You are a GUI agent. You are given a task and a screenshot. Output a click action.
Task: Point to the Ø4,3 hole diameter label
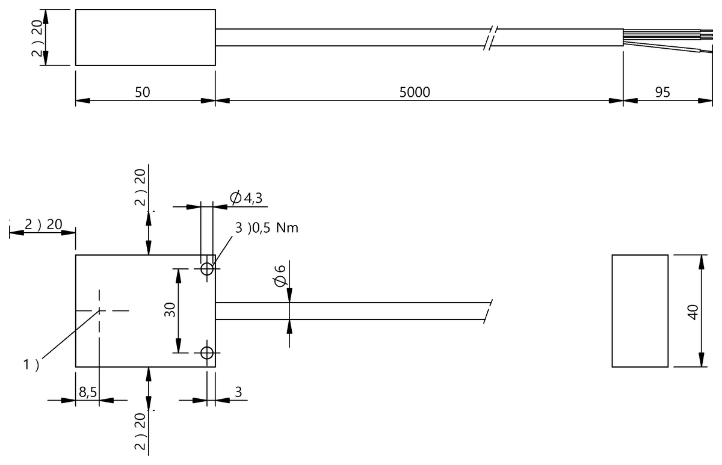click(x=247, y=197)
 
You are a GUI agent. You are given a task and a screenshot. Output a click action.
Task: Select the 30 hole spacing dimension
click(x=170, y=310)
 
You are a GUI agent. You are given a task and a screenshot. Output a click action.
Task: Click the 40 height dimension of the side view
click(x=693, y=312)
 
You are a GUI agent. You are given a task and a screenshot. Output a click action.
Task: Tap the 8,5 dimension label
click(x=87, y=392)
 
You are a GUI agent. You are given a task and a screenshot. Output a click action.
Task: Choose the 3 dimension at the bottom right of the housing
click(x=238, y=392)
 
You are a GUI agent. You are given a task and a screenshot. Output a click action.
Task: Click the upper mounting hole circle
click(x=207, y=268)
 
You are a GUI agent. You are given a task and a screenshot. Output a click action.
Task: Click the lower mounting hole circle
click(x=207, y=353)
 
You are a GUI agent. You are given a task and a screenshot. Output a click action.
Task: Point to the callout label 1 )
click(x=31, y=365)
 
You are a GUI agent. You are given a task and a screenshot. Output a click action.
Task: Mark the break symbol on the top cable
click(x=492, y=37)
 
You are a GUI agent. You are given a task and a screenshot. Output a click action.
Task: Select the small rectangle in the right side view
click(x=640, y=310)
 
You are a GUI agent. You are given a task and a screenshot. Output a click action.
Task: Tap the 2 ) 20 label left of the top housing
click(x=37, y=37)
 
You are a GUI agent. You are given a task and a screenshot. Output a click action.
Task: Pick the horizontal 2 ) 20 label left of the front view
click(x=43, y=224)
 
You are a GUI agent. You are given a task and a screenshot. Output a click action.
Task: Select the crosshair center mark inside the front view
click(x=99, y=310)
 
